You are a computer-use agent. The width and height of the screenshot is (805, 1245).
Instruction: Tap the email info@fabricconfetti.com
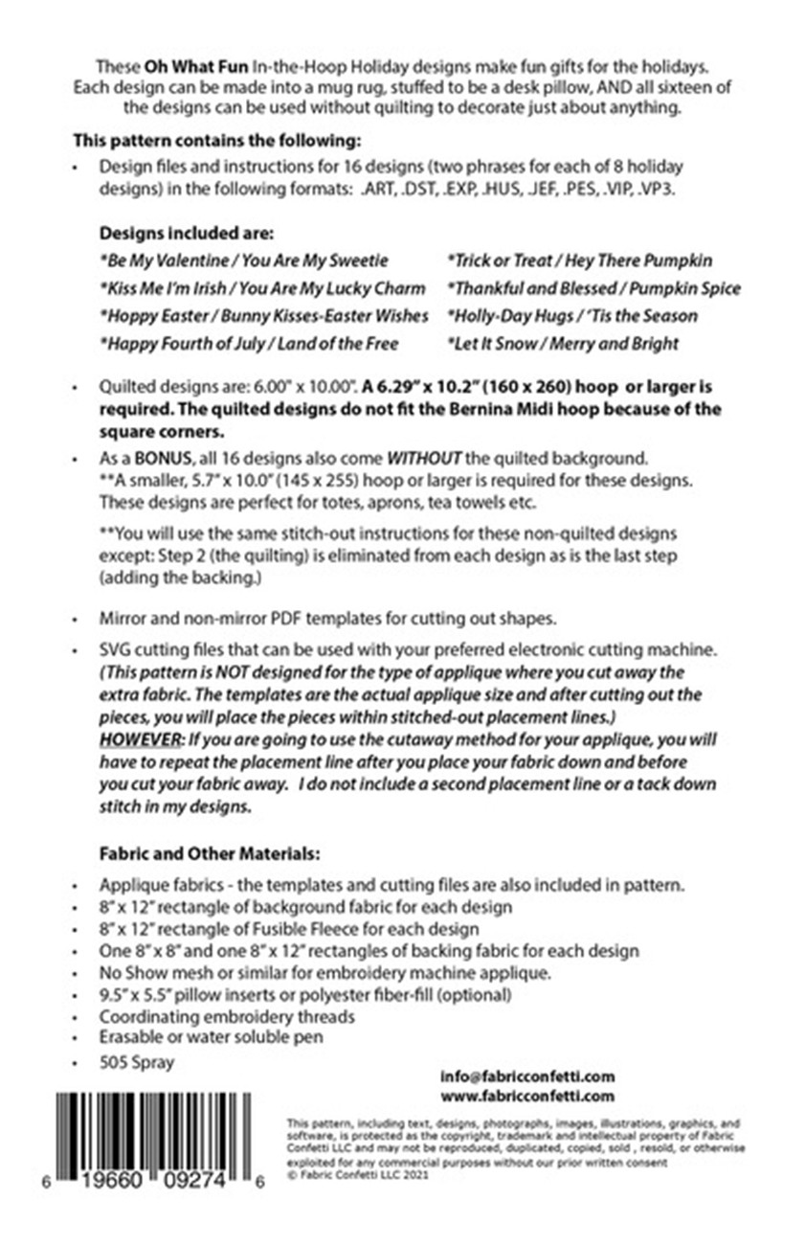pos(526,1075)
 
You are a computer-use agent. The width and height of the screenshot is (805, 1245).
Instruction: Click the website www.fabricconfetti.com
pos(526,1096)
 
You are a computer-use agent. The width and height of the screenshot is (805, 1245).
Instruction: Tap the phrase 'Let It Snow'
pos(489,343)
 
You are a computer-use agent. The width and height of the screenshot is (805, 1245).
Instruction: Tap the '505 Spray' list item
pos(137,1062)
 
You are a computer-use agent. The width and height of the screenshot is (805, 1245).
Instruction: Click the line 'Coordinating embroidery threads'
pos(227,1016)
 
